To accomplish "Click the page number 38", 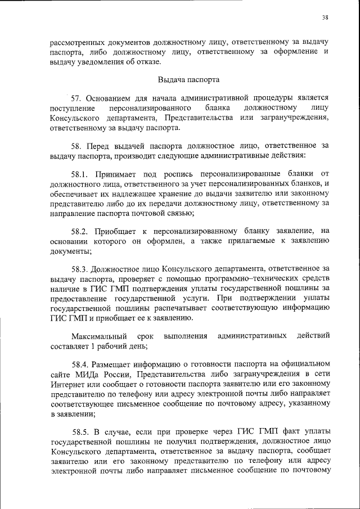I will tap(325, 17).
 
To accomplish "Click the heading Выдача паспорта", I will tap(188, 79).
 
